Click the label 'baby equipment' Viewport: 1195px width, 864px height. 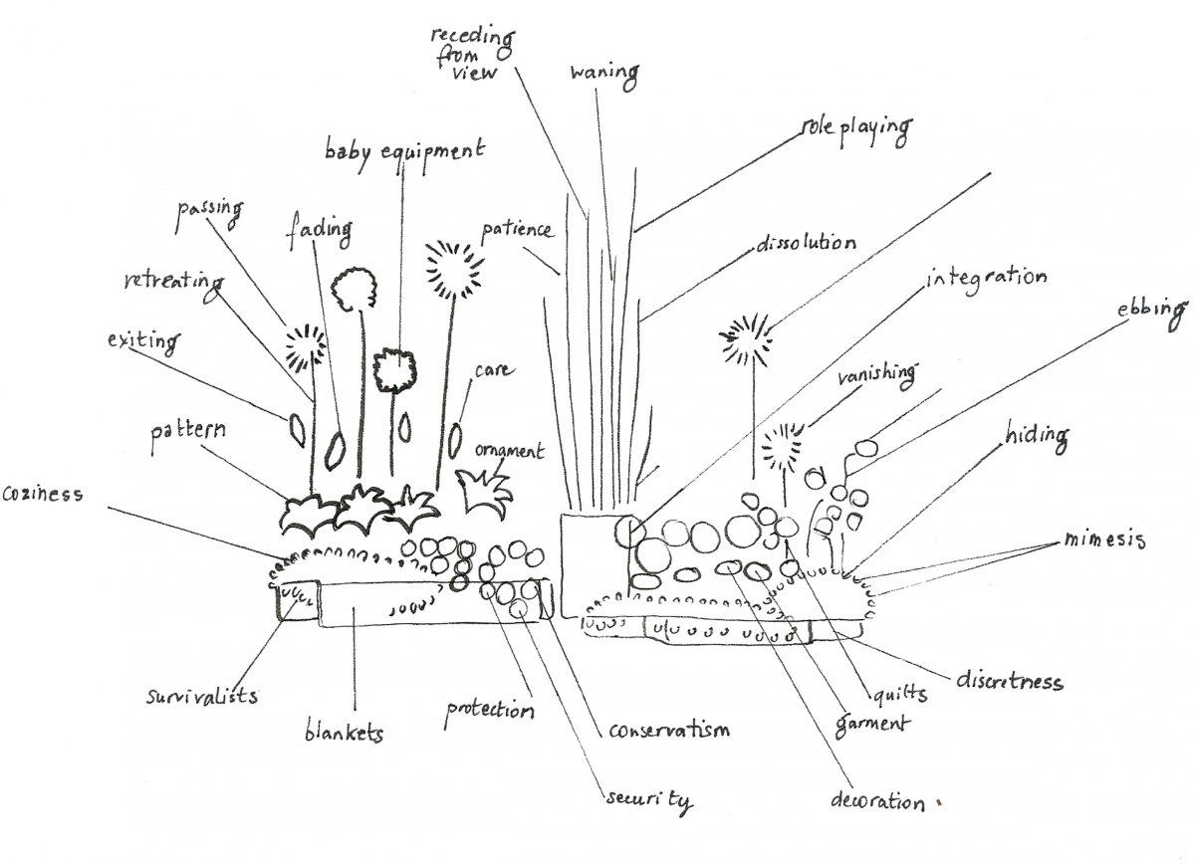(x=405, y=152)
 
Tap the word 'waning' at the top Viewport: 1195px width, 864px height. (x=603, y=73)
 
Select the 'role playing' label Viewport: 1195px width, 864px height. (x=856, y=128)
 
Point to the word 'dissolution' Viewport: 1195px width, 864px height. (x=805, y=244)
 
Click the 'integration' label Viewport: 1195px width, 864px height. (x=986, y=277)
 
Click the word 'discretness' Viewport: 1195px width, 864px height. (x=1009, y=681)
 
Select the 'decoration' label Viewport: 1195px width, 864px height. (x=877, y=800)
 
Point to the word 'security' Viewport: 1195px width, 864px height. (x=648, y=800)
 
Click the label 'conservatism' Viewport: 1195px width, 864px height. (x=668, y=730)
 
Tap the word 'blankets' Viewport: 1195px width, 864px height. (x=344, y=734)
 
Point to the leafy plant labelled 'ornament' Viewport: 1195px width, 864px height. (x=484, y=488)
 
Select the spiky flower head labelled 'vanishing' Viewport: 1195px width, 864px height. (x=785, y=447)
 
